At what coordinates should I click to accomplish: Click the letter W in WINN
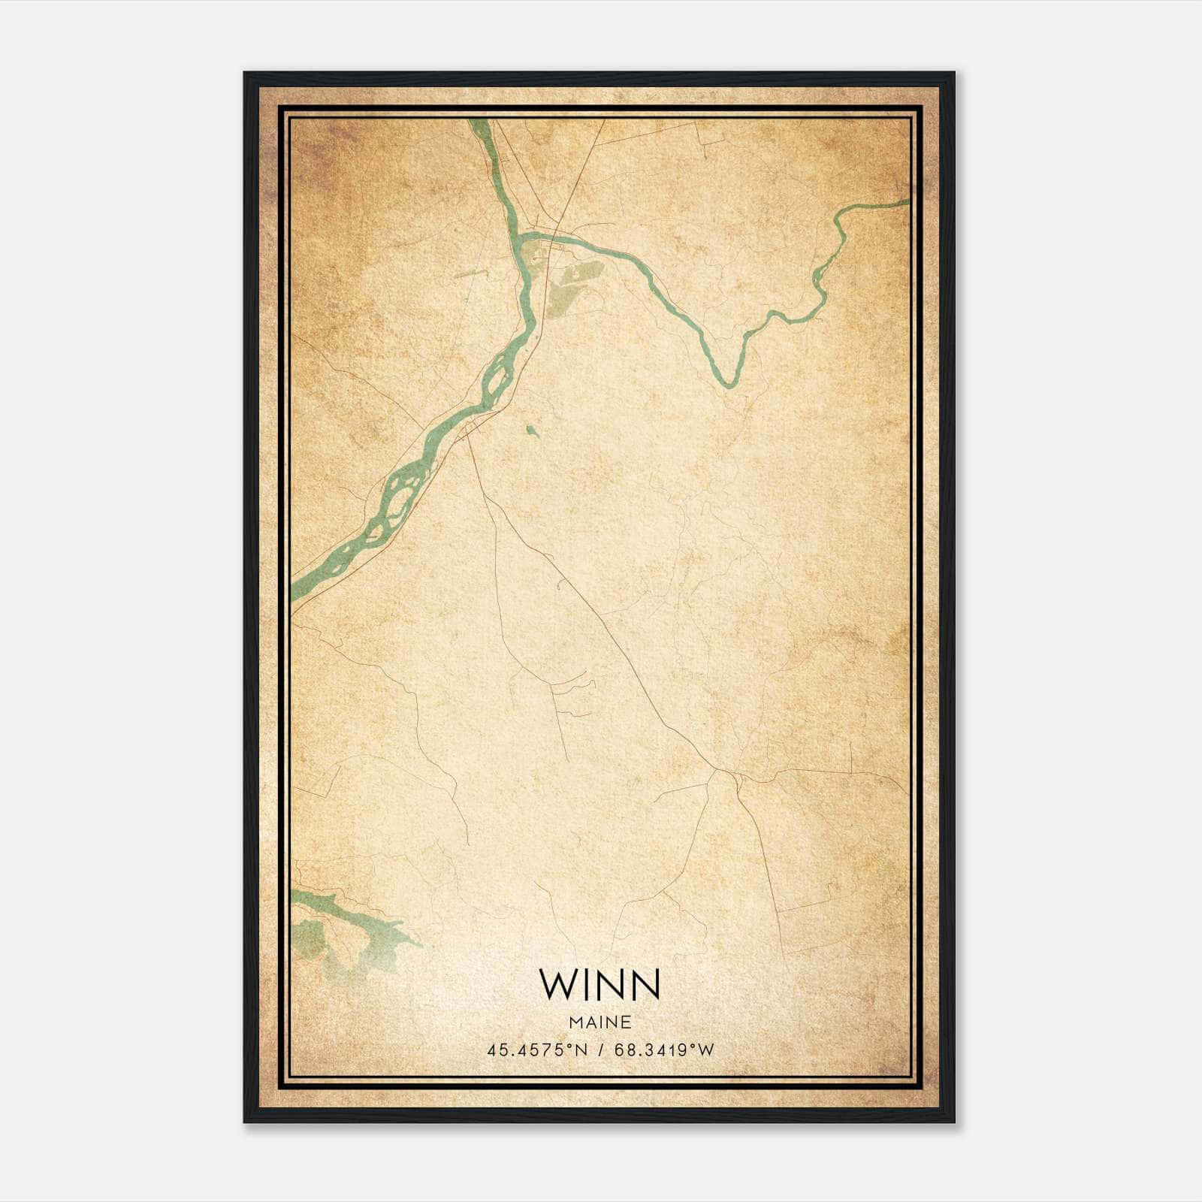point(556,985)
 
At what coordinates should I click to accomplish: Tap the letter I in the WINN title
point(584,985)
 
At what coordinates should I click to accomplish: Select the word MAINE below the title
point(600,1022)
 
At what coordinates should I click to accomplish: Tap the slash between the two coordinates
point(601,1050)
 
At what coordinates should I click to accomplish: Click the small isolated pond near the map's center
point(532,430)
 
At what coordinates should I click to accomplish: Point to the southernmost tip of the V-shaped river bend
point(727,385)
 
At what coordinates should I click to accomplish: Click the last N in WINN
point(645,985)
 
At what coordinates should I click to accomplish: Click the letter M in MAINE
point(575,1022)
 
